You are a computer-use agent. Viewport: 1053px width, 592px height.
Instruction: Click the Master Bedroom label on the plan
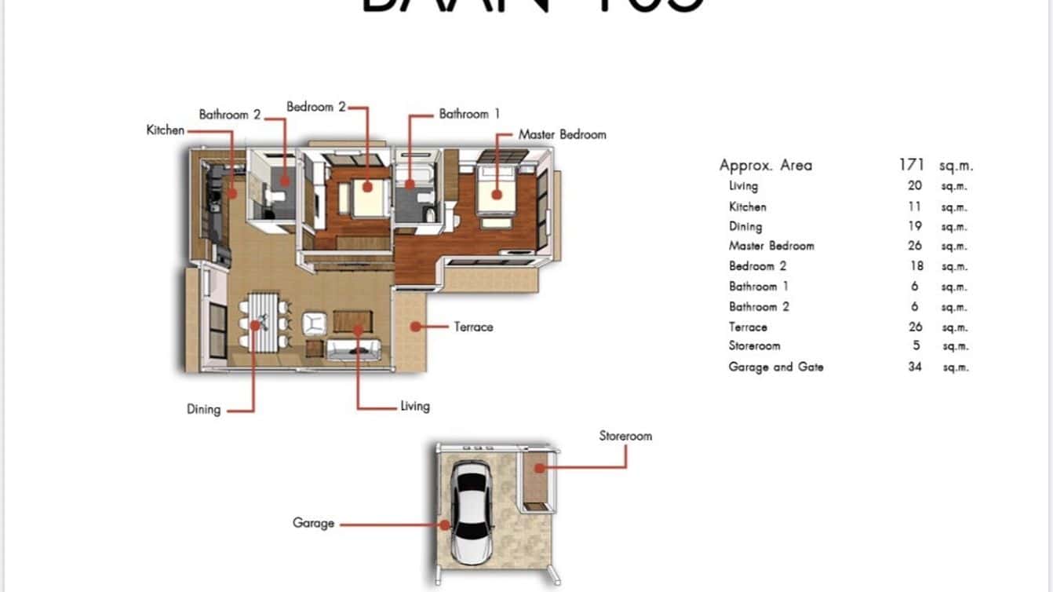[x=562, y=134]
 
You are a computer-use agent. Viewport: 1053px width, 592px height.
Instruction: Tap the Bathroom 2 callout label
[x=229, y=115]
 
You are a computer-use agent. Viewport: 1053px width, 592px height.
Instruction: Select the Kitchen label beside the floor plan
[x=166, y=130]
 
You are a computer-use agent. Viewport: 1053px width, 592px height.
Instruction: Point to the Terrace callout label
[x=473, y=327]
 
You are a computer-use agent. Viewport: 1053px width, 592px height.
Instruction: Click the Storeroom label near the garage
[x=625, y=436]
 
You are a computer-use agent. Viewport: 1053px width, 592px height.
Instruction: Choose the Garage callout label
[x=313, y=523]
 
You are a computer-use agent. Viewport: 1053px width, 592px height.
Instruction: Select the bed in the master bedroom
[x=494, y=192]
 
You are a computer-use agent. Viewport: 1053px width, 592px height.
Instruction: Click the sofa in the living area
[x=353, y=350]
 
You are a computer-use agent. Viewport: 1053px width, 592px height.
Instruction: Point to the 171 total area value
[x=913, y=165]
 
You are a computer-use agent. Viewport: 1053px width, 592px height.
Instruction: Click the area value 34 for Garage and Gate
[x=915, y=367]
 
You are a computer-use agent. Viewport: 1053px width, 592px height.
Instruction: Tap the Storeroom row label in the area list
[x=754, y=345]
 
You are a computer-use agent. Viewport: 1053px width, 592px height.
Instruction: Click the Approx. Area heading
[x=766, y=165]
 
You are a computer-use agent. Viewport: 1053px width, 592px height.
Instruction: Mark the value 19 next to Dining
[x=915, y=226]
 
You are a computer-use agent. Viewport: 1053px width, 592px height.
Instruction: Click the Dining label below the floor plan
[x=203, y=409]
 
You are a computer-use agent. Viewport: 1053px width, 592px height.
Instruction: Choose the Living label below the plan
[x=414, y=406]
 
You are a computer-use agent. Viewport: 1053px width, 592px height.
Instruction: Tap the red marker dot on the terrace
[x=412, y=326]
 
